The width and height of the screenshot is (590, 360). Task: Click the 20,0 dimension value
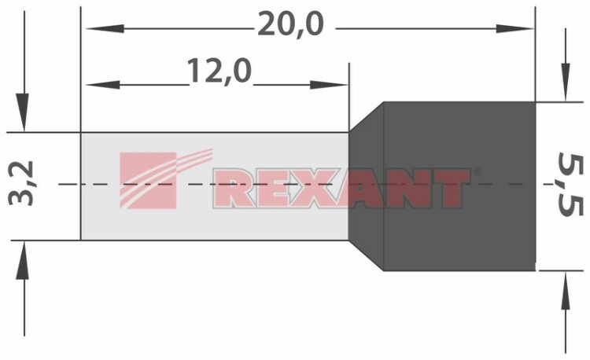point(290,25)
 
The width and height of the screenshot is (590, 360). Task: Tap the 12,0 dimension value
point(219,71)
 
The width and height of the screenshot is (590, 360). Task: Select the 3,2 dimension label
point(21,183)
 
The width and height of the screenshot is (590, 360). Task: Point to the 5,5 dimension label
point(570,184)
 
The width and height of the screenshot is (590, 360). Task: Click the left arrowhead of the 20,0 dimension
point(105,28)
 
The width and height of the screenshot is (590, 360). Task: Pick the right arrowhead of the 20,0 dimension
point(514,28)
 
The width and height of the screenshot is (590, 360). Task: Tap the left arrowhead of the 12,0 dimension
point(103,85)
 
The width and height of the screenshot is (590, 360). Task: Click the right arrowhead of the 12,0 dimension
point(329,85)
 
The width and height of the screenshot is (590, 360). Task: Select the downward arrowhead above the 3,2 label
point(22,112)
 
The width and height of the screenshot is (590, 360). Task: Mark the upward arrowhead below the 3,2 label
point(22,260)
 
